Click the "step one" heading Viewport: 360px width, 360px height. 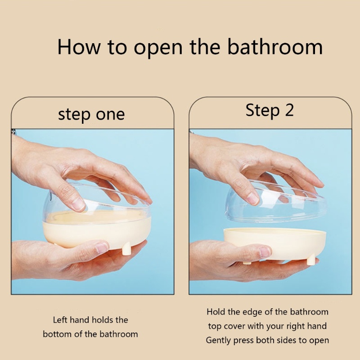pyautogui.click(x=91, y=114)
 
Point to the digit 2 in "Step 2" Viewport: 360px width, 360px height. pyautogui.click(x=288, y=110)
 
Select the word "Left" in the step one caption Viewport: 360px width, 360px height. pyautogui.click(x=62, y=320)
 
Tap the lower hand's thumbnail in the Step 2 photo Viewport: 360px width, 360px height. pyautogui.click(x=265, y=252)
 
